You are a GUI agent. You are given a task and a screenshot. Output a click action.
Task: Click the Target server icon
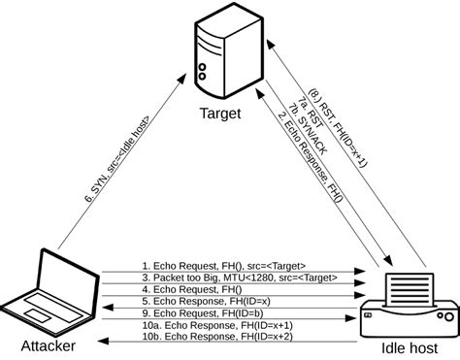[229, 50]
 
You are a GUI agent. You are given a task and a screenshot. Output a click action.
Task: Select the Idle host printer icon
[410, 306]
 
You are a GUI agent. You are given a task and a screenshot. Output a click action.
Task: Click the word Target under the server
[220, 114]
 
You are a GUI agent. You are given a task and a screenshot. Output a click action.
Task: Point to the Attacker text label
[49, 346]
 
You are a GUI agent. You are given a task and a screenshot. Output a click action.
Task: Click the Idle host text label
[410, 348]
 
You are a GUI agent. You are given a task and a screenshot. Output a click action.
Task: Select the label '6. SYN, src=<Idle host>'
[117, 159]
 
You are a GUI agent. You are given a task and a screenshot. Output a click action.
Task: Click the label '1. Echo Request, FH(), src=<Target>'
[224, 266]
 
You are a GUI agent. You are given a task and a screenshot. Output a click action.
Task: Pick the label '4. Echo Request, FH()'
[192, 289]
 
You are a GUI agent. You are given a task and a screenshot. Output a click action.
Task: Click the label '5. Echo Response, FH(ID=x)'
[207, 301]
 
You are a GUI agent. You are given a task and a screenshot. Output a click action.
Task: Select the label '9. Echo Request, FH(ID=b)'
[203, 313]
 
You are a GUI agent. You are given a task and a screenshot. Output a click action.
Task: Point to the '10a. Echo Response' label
[188, 325]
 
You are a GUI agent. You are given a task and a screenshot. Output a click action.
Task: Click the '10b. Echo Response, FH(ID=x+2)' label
[217, 337]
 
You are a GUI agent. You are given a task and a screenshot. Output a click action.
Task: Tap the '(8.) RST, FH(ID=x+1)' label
[338, 128]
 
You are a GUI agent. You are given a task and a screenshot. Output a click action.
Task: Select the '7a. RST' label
[311, 113]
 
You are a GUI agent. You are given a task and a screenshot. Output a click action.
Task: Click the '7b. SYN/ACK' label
[308, 129]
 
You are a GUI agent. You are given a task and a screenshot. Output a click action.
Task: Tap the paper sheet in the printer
[410, 290]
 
